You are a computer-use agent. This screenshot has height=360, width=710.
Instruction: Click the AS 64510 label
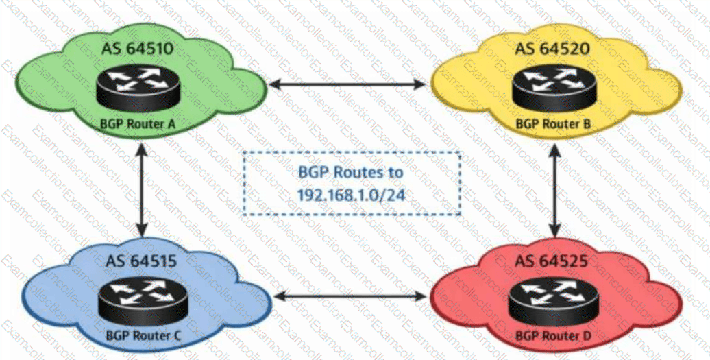[x=137, y=48]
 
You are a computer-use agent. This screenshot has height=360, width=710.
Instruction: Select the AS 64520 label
[x=552, y=49]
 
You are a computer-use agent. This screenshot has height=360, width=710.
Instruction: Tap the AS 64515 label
[x=142, y=261]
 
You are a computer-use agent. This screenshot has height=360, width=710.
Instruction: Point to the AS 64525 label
[x=552, y=261]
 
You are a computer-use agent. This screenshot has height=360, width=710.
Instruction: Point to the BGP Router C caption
[x=143, y=335]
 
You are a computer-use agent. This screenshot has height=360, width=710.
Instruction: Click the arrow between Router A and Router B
[x=347, y=84]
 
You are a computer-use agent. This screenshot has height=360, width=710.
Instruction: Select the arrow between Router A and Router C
[x=142, y=189]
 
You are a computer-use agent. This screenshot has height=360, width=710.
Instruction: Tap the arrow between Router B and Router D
[x=555, y=189]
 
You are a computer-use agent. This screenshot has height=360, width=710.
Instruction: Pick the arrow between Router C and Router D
[x=350, y=297]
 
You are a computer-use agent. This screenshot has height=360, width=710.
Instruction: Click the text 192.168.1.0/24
[x=351, y=195]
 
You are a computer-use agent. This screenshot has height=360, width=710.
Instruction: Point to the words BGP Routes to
[x=351, y=173]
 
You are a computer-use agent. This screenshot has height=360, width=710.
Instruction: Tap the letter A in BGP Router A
[x=171, y=123]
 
